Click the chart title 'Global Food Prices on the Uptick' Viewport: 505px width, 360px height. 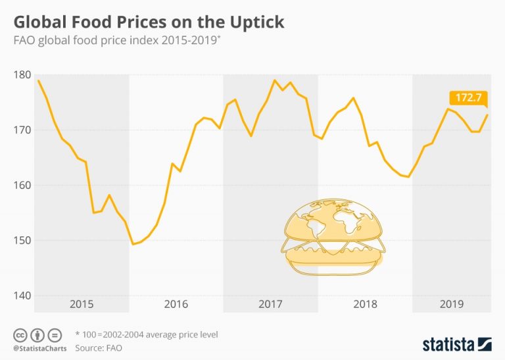click(149, 21)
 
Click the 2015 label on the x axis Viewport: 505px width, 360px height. click(82, 304)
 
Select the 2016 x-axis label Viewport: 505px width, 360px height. click(176, 304)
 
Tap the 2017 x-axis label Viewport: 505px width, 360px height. click(270, 304)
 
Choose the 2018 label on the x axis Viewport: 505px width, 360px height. click(365, 304)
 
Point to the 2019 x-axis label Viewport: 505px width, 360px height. click(451, 304)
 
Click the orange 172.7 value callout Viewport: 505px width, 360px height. click(469, 98)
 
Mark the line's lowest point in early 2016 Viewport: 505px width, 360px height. click(133, 244)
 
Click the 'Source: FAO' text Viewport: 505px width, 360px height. click(99, 347)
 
